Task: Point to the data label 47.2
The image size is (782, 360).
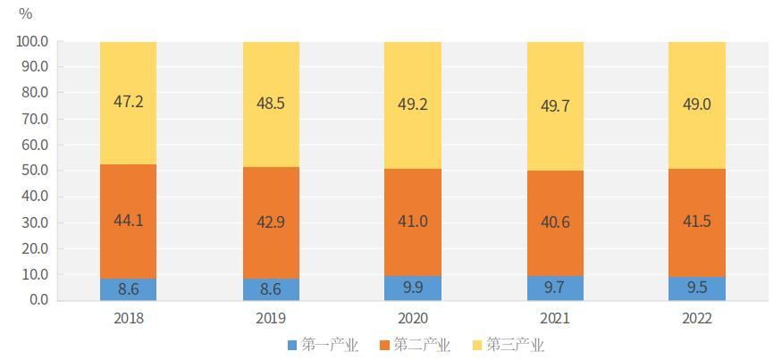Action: click(128, 102)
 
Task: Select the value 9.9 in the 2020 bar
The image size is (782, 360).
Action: click(412, 288)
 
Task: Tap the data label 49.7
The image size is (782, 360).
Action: click(554, 106)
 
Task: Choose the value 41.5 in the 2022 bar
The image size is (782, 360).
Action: click(696, 221)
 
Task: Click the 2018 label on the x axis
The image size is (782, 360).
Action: click(128, 319)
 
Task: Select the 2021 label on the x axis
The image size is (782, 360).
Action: click(554, 319)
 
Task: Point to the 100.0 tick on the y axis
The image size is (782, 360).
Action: click(32, 41)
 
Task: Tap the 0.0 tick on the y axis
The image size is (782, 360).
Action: click(38, 300)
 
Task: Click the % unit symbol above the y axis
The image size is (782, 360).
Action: click(25, 13)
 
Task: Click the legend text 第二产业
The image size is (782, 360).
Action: click(423, 345)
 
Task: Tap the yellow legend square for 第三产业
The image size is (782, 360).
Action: click(475, 345)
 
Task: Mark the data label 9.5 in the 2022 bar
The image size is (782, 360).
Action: click(696, 289)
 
